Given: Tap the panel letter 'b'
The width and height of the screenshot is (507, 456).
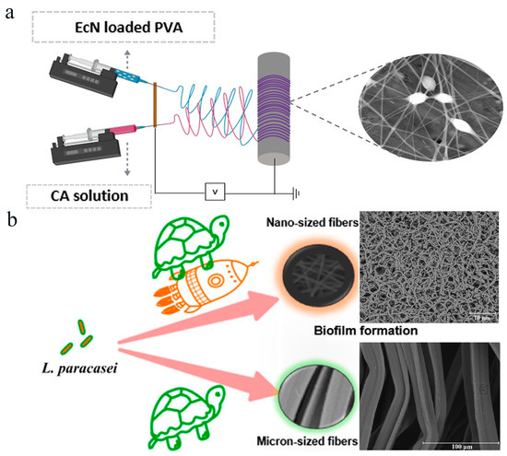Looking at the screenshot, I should (x=10, y=222).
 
